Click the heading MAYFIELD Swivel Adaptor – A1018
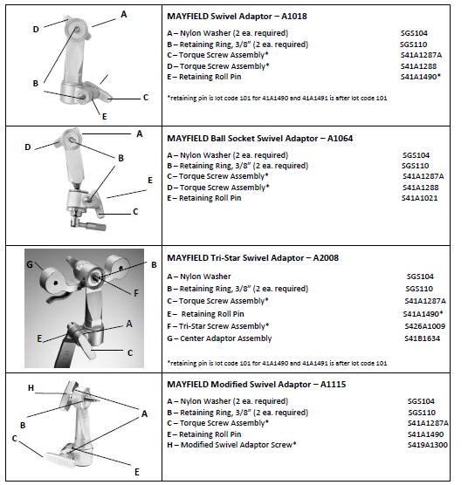[237, 16]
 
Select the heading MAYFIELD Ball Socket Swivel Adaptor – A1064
[260, 139]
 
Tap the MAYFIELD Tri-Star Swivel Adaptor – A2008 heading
[252, 258]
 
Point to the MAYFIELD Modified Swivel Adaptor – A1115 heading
[257, 385]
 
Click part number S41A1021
[420, 198]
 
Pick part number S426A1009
[425, 326]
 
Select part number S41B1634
[422, 338]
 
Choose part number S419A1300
[428, 445]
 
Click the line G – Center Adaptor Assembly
[219, 338]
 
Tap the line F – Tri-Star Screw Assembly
[218, 326]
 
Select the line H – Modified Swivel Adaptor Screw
[231, 445]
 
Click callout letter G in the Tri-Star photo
[30, 264]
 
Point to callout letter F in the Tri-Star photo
[136, 293]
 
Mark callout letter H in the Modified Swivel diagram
[31, 387]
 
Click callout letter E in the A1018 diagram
[105, 117]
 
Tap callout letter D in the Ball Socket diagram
[28, 147]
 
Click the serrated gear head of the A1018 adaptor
[77, 30]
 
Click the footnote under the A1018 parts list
[277, 99]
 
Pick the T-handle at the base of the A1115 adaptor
[61, 460]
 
